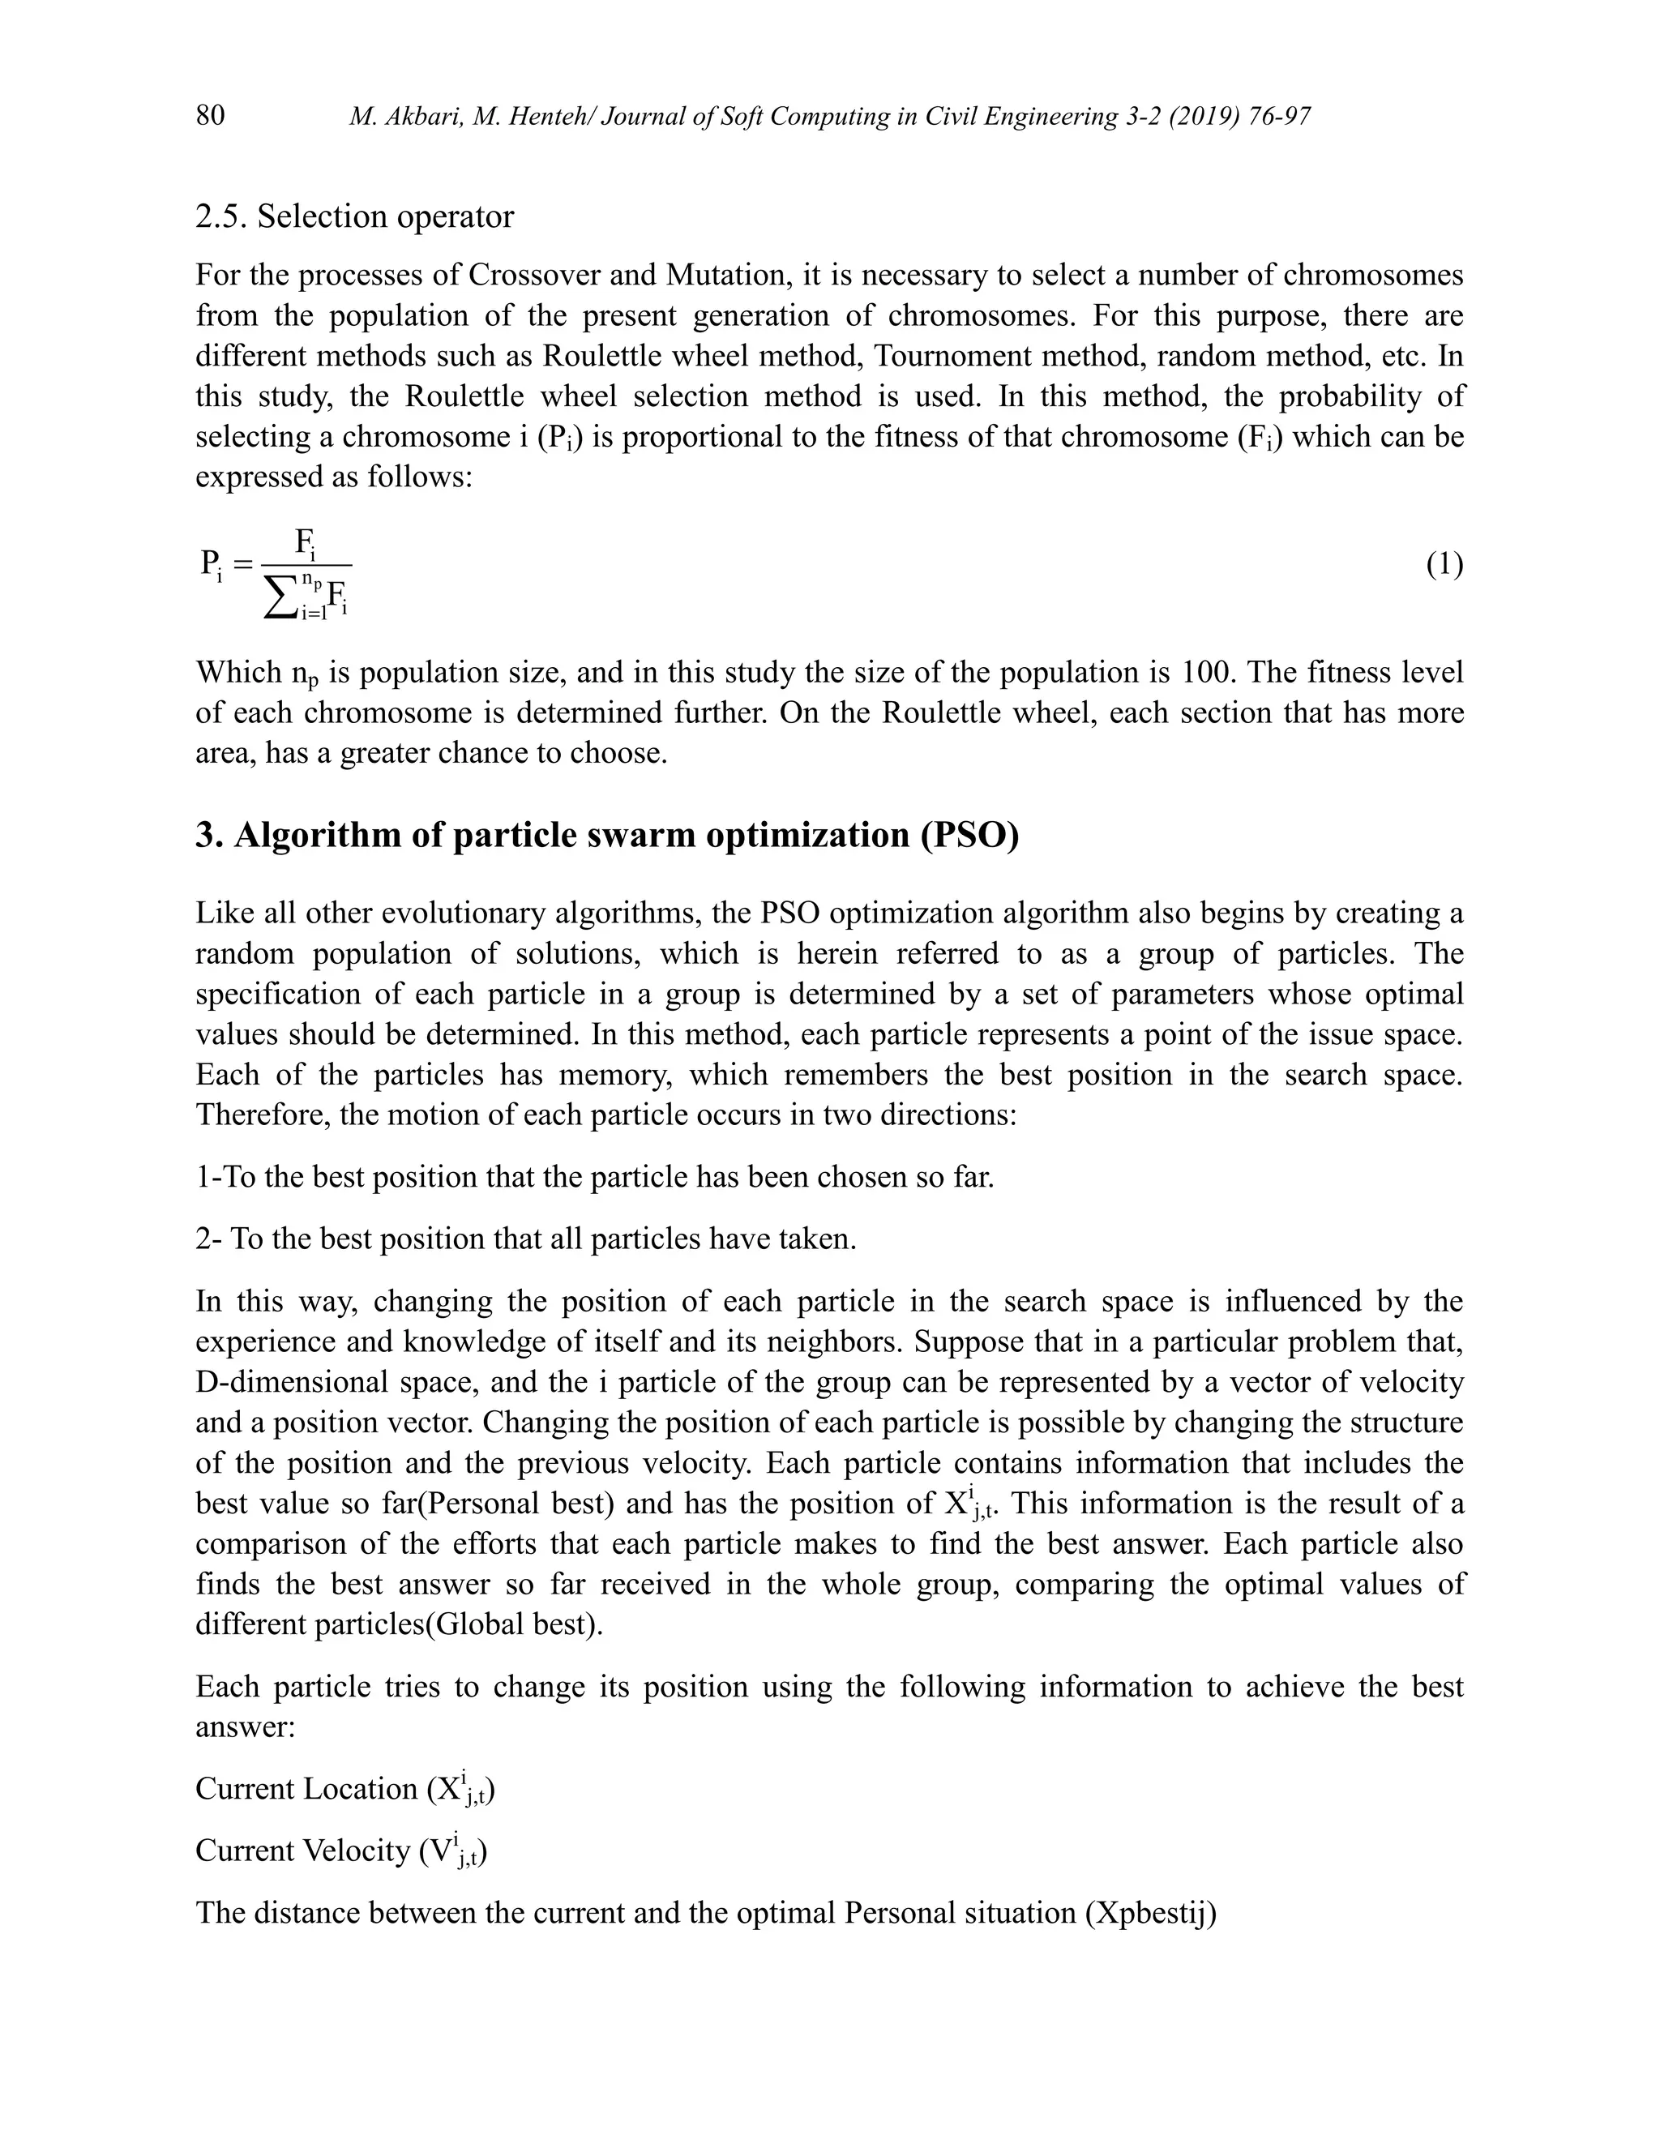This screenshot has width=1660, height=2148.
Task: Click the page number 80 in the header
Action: [211, 116]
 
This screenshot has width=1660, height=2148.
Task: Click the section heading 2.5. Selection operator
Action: [354, 216]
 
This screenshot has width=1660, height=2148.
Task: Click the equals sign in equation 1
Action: [243, 564]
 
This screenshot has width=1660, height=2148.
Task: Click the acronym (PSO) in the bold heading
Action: [969, 835]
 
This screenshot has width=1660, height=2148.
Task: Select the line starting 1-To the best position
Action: [595, 1177]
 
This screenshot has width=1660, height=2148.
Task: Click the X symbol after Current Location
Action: [447, 1789]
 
